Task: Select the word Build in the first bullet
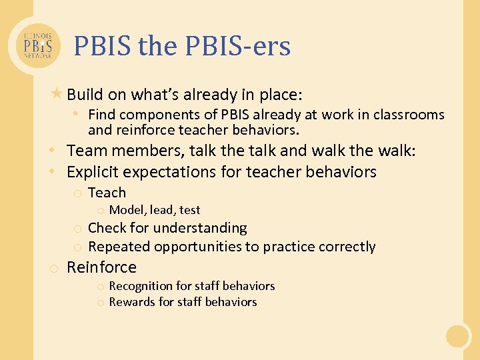coord(85,95)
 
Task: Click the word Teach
coord(107,193)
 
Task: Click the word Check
coord(107,228)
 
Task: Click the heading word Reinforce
coord(101,267)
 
